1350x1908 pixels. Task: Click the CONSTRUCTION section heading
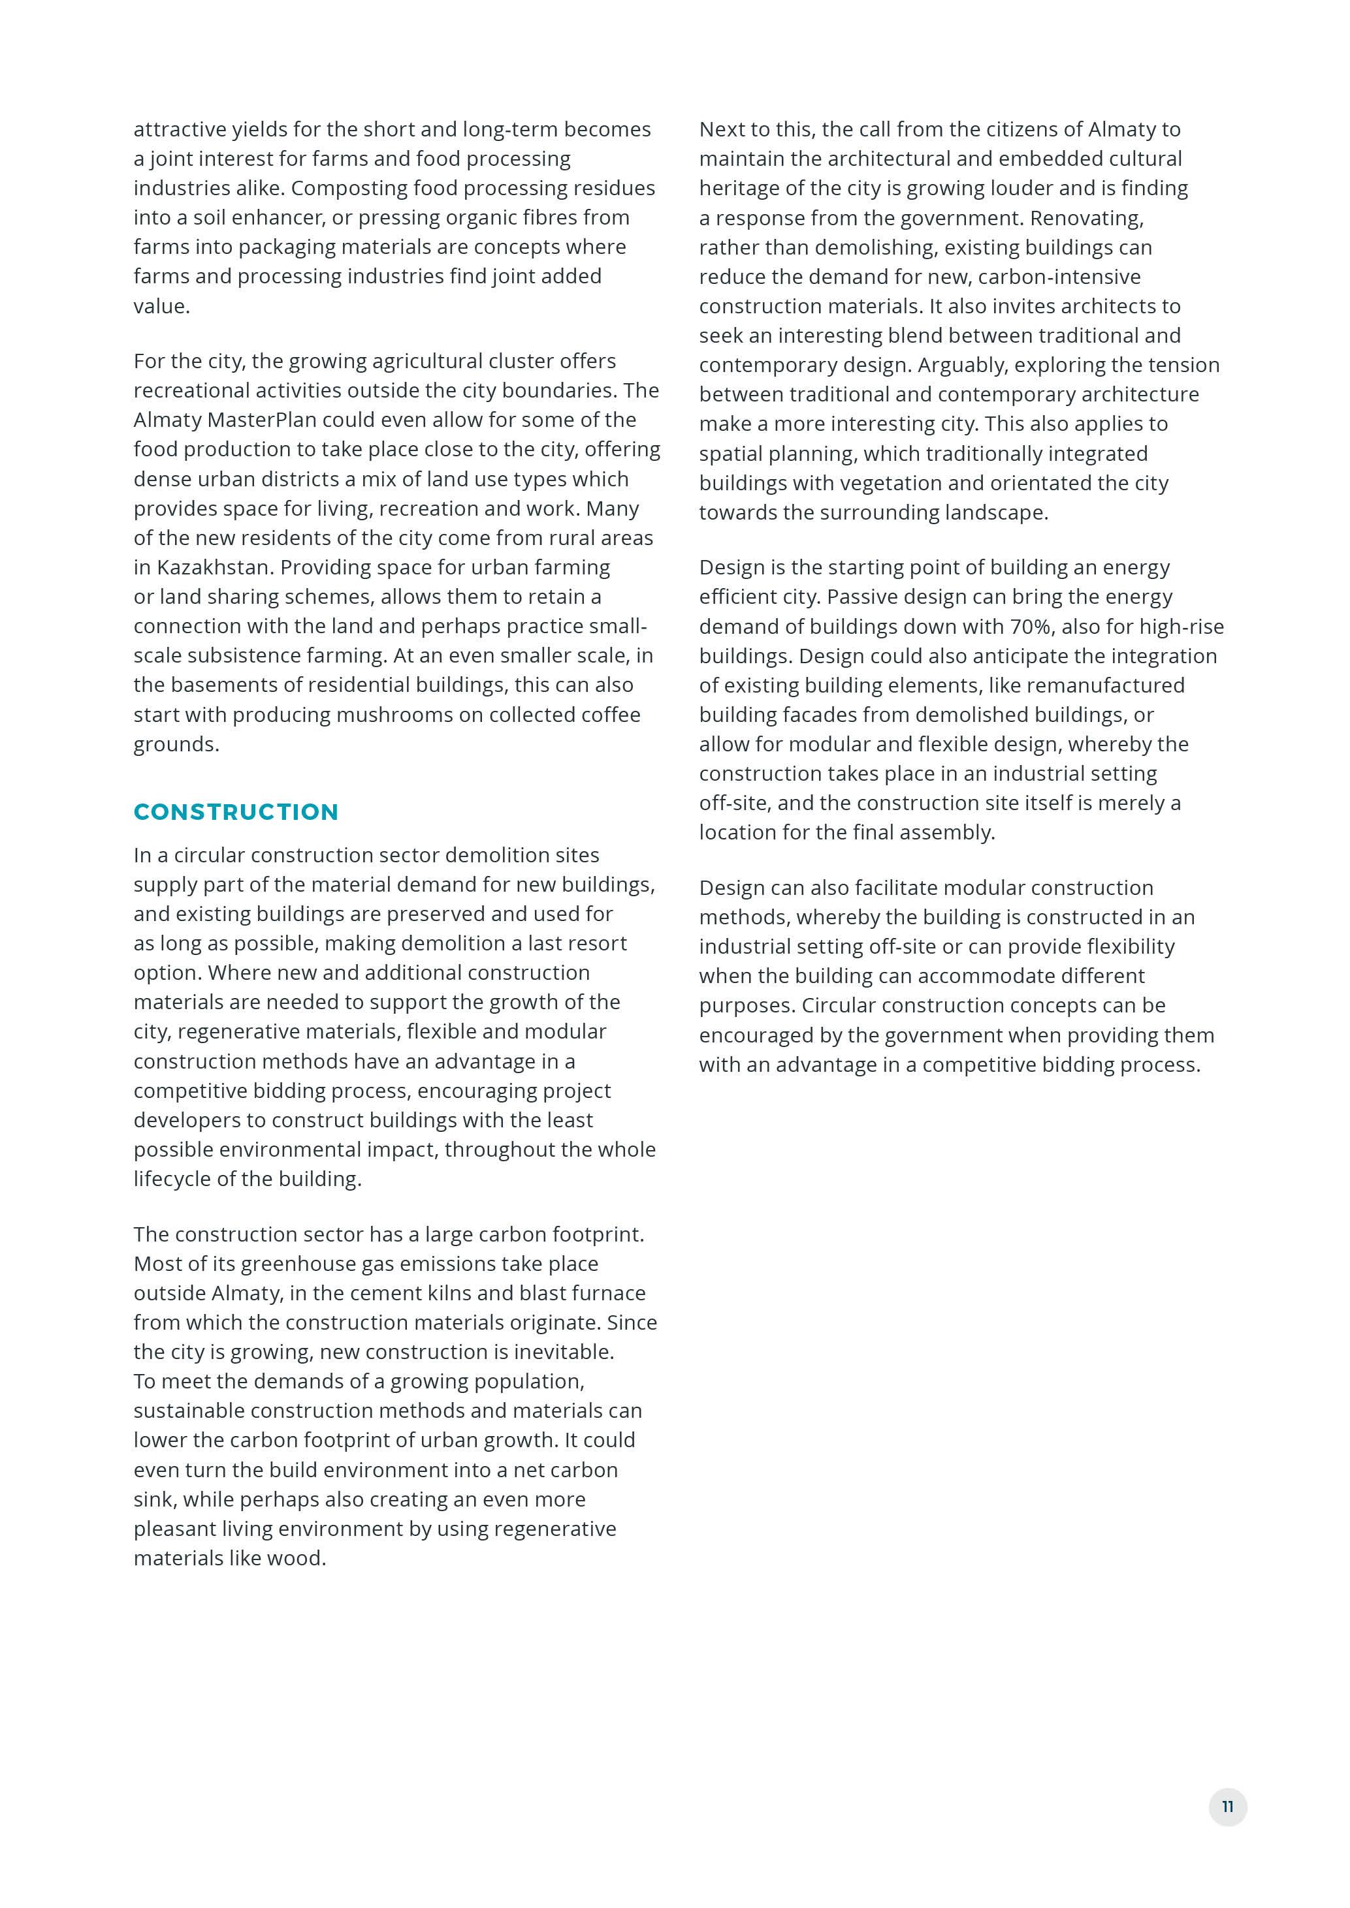coord(236,812)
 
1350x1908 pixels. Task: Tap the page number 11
coord(1227,1807)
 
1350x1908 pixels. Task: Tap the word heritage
coord(740,189)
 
